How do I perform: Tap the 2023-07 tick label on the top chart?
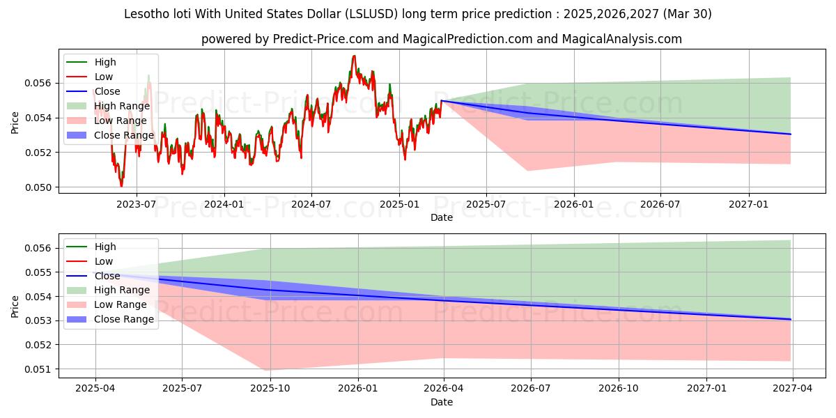(x=136, y=203)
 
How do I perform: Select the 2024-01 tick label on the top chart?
(x=224, y=203)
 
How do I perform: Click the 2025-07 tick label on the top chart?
(x=486, y=203)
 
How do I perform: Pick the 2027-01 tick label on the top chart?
(x=749, y=203)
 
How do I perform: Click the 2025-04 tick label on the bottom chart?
(x=95, y=388)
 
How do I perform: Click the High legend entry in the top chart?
(x=105, y=63)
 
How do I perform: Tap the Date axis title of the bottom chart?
(x=442, y=402)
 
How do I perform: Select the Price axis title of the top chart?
(x=15, y=123)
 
